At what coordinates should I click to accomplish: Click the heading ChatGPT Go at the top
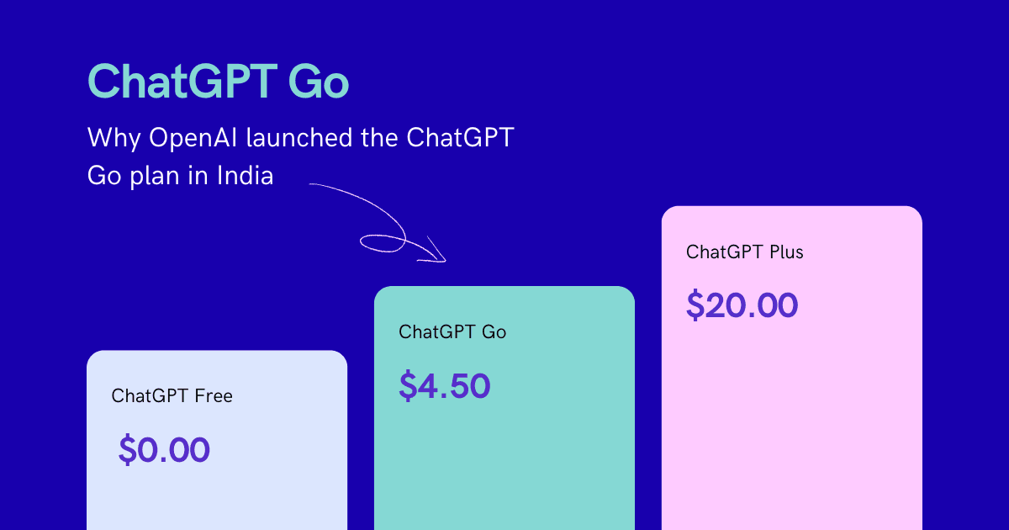pos(218,82)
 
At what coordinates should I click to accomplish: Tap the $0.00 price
pos(164,451)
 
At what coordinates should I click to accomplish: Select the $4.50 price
pos(444,386)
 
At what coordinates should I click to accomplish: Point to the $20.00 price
pos(741,305)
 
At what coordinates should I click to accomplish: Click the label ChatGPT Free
pos(172,395)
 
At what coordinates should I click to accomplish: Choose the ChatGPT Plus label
pos(744,252)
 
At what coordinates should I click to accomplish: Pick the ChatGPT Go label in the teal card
pos(452,331)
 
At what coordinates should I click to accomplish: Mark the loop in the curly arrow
pos(383,243)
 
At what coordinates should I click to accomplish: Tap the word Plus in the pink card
pos(784,252)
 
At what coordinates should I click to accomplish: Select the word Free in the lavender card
pos(214,395)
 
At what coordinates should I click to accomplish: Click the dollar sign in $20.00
pos(695,305)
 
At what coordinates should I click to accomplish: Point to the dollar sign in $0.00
pos(126,451)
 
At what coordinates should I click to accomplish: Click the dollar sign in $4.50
pos(407,386)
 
